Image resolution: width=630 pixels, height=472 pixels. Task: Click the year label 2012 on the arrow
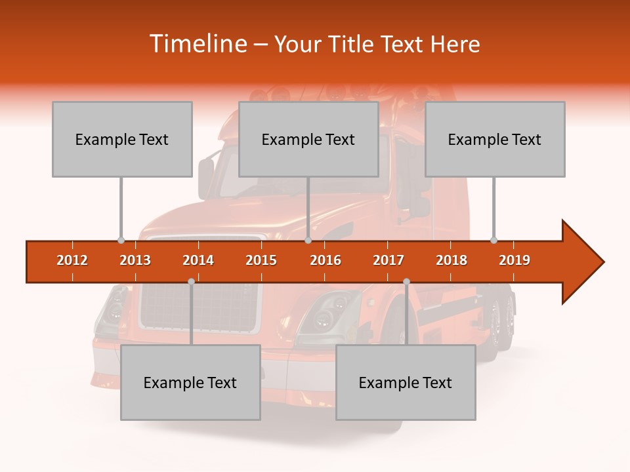[x=72, y=260]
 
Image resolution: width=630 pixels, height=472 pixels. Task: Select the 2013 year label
[x=135, y=260]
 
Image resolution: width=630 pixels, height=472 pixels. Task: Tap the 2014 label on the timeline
[x=198, y=260]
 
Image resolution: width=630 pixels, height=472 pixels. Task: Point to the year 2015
[x=261, y=260]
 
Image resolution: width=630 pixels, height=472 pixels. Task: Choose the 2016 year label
[x=325, y=260]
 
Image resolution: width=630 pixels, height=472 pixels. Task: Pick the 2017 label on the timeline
[x=388, y=260]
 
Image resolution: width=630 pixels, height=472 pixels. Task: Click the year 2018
[x=451, y=260]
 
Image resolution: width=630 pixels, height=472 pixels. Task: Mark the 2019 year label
[x=514, y=260]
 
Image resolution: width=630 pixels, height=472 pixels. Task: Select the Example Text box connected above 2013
[x=122, y=139]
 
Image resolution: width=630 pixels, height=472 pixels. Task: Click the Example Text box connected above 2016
[x=308, y=139]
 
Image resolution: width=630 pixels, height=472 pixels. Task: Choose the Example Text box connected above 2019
[x=495, y=139]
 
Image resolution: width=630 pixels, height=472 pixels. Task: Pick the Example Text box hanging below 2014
[x=190, y=382]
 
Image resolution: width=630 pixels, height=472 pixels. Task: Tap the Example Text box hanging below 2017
[x=406, y=382]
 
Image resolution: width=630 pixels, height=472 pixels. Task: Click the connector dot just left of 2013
[x=121, y=240]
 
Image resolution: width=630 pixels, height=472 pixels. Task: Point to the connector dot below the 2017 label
[x=406, y=281]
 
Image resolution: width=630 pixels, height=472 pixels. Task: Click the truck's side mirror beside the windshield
[x=206, y=178]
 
